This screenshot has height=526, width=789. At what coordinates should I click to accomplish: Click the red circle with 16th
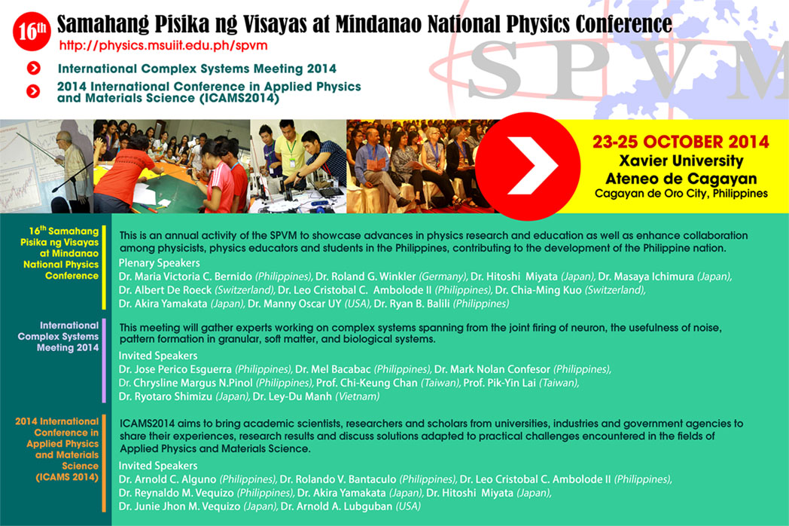tap(32, 31)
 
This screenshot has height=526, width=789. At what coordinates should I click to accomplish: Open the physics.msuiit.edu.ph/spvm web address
tap(163, 46)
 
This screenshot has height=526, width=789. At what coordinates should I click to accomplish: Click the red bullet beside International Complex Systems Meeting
tap(34, 68)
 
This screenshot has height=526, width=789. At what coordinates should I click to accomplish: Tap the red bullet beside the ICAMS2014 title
tap(33, 91)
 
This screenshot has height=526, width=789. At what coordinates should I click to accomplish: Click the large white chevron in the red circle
tap(532, 166)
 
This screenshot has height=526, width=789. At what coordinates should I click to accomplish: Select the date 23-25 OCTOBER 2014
tap(681, 142)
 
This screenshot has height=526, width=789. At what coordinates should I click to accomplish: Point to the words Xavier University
tap(681, 161)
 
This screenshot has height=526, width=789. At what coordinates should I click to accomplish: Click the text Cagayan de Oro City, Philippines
tap(681, 194)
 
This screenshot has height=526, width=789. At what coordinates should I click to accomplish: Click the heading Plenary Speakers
tap(159, 263)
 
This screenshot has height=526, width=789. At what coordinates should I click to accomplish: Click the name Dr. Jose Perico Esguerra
tap(175, 369)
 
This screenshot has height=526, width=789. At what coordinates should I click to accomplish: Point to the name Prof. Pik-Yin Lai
tap(499, 383)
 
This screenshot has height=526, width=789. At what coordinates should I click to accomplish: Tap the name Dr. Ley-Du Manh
tap(292, 396)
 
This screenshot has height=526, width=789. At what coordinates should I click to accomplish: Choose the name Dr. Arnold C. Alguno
tap(168, 479)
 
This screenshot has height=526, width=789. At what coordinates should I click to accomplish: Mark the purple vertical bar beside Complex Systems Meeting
tap(104, 360)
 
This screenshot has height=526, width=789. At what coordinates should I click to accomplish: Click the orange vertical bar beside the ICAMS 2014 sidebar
tap(104, 463)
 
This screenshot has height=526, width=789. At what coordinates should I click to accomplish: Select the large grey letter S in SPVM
tap(494, 69)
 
